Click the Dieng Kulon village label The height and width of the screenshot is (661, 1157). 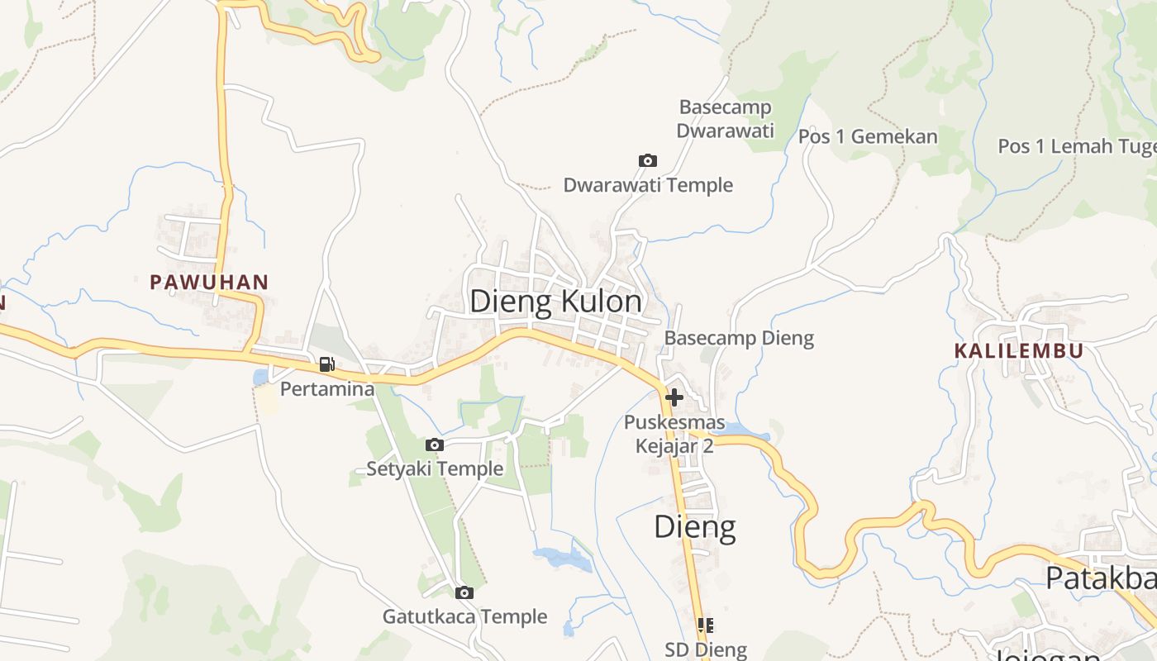[555, 302]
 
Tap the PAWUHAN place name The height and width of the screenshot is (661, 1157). [209, 282]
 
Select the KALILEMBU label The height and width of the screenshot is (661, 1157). [1018, 350]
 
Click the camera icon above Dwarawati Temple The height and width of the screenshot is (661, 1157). [648, 160]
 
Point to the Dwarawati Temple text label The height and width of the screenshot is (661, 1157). [648, 185]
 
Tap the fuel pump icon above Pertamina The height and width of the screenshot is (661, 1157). [327, 364]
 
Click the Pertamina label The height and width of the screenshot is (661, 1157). [327, 388]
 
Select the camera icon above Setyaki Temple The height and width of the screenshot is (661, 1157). [435, 445]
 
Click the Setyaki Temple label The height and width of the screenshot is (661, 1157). [435, 469]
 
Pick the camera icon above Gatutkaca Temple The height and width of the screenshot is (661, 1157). [464, 592]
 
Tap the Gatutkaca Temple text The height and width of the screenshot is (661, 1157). [464, 617]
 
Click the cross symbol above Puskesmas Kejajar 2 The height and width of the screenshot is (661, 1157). [674, 397]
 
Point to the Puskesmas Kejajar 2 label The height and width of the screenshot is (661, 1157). [674, 435]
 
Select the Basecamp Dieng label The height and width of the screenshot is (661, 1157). [739, 338]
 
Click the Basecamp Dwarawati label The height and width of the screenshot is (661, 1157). [725, 119]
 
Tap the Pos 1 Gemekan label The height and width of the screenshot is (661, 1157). [868, 136]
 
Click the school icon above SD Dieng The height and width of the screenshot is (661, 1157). [705, 625]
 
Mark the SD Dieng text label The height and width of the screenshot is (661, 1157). [706, 650]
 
